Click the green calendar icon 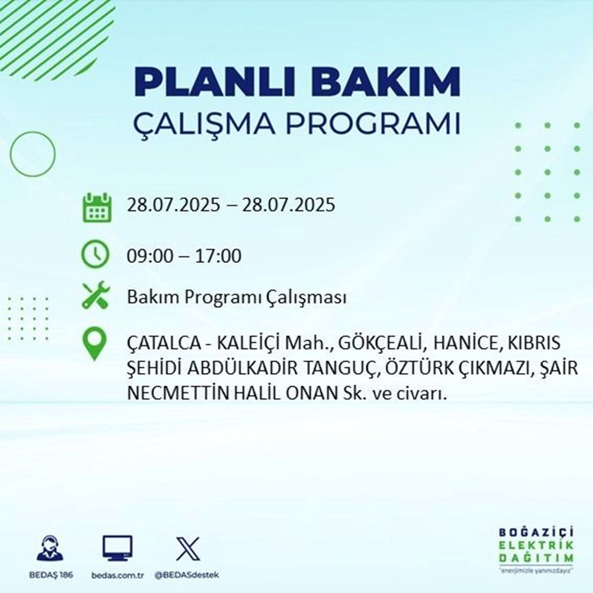95,207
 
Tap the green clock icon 95,256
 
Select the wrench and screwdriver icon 95,296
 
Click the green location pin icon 95,345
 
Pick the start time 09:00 151,257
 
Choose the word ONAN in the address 310,394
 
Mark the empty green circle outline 33,154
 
